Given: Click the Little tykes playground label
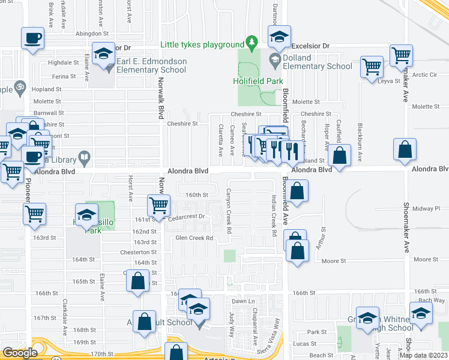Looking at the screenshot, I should (202, 44).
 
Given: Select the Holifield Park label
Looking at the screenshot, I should (256, 81).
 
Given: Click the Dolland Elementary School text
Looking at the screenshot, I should (317, 62).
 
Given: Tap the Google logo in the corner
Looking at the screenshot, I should (19, 353).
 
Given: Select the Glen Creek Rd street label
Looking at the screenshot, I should (194, 238).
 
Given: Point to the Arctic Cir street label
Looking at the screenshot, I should (424, 75).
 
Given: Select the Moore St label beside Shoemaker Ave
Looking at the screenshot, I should (426, 260).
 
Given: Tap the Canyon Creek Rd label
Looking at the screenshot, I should (229, 211).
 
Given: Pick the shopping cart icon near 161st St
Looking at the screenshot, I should (158, 205).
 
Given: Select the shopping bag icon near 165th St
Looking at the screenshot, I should (138, 281).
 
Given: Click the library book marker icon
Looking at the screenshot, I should (85, 159).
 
